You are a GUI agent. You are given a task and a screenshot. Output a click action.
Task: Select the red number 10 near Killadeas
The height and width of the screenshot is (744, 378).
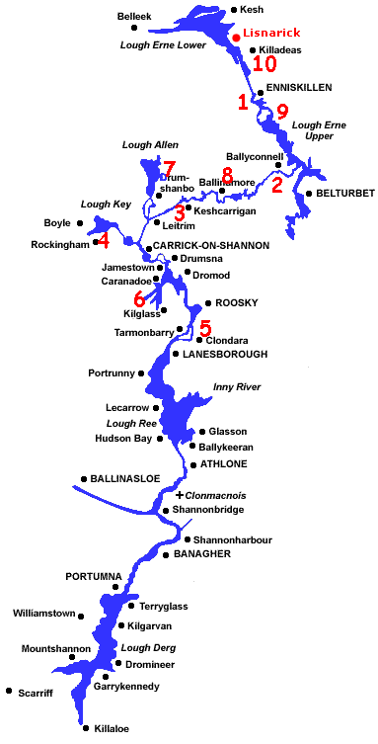point(264,64)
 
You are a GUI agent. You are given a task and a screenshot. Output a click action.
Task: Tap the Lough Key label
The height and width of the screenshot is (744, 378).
point(106,204)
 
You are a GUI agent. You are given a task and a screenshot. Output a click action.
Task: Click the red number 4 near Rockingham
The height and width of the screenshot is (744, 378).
point(104,238)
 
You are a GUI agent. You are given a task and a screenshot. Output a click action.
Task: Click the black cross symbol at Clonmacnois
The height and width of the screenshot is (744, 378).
point(180,494)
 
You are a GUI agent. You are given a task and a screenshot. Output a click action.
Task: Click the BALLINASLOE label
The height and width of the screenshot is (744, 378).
point(123,478)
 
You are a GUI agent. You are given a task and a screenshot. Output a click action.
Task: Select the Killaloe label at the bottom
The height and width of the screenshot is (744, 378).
point(112,729)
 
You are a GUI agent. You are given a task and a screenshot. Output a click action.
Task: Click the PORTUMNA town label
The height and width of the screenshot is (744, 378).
point(93,575)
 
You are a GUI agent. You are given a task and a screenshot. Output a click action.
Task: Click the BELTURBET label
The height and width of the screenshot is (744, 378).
point(345,194)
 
